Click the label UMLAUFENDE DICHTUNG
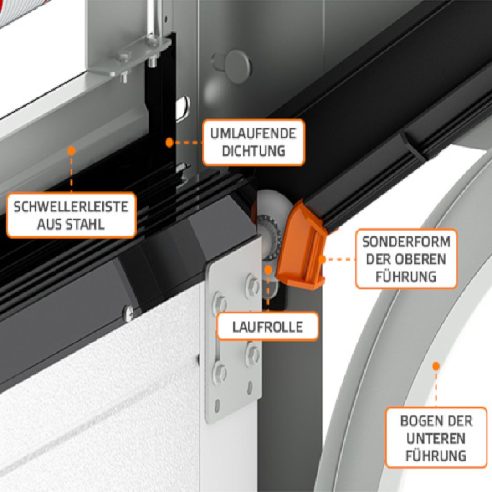coord(253,142)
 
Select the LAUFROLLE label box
coord(267,326)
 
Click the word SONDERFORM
coord(406,241)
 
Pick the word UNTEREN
coord(436,438)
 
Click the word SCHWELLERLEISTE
coord(71,207)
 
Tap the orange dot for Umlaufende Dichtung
coord(169,143)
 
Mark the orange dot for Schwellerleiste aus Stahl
coord(72,149)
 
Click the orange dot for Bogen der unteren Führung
coord(436,366)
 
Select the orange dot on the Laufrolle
coord(268,269)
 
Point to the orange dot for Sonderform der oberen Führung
coord(323,259)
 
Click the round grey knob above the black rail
coord(237,66)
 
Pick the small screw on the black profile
coord(128,313)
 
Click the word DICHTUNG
coord(253,151)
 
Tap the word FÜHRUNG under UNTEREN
coord(436,455)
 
